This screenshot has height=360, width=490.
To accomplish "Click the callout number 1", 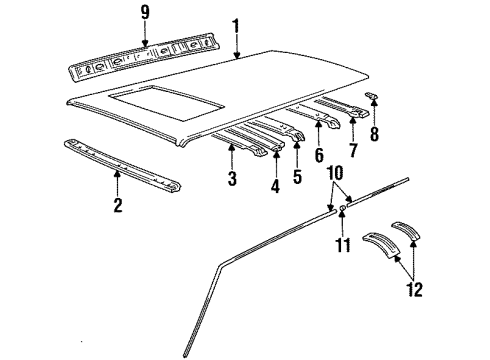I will coord(236,22).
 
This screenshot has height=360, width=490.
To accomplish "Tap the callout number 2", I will coord(117,205).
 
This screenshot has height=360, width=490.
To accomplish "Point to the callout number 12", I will coord(414,290).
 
